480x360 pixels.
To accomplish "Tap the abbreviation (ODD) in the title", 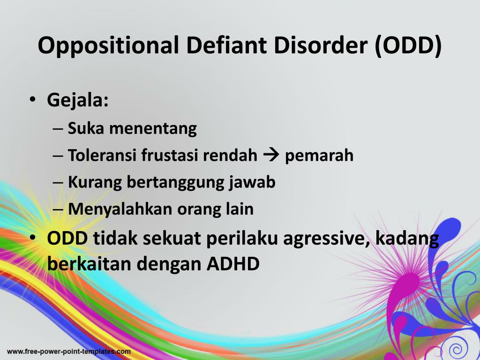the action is pos(408,46).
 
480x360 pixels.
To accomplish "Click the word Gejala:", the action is pos(78,100).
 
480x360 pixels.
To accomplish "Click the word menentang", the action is pos(153,128).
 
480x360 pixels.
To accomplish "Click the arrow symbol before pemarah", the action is pos(271,155).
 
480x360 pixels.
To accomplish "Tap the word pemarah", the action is pos(319,156).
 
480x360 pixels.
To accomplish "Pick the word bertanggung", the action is pos(175,183).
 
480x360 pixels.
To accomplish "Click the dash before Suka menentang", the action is pos(58,129).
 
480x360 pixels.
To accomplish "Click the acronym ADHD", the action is pos(233,263).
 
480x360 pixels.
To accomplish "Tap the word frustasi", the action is pos(170,155).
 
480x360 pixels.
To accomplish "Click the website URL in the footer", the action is pos(69,352).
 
